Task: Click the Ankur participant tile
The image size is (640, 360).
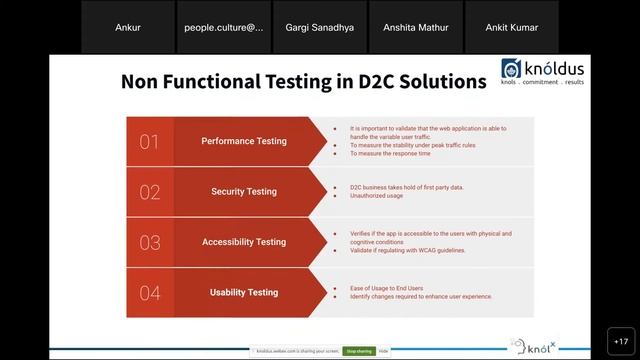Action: click(128, 27)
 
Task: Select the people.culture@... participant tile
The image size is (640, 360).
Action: click(224, 27)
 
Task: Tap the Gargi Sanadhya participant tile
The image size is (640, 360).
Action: click(319, 27)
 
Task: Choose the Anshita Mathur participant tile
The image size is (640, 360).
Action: click(416, 27)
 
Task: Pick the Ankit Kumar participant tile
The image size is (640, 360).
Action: click(512, 27)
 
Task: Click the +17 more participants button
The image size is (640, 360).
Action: click(619, 341)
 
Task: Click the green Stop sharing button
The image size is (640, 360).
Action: click(359, 352)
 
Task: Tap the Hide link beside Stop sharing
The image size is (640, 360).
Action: click(384, 352)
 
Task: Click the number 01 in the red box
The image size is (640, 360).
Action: click(149, 142)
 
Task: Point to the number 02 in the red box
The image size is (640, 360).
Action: click(149, 192)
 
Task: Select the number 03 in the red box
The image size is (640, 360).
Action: click(149, 242)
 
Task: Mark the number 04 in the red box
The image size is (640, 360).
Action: click(149, 293)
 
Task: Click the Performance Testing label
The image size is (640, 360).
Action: click(244, 141)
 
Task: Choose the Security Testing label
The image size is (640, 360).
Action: click(244, 192)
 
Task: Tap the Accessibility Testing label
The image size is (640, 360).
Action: click(244, 242)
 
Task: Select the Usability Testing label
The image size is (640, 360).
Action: click(244, 293)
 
